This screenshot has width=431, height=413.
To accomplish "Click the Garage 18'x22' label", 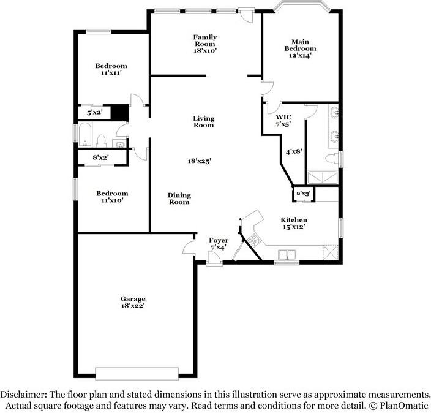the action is [x=133, y=302].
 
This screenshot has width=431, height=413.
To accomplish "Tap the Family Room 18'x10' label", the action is [x=205, y=44].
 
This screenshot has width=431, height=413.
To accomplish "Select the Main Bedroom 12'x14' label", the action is [x=300, y=48].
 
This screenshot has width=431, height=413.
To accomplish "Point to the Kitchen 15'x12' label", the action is [x=294, y=223].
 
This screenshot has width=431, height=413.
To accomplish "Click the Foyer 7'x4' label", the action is [x=219, y=244].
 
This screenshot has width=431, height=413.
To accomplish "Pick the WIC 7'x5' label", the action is [x=283, y=121].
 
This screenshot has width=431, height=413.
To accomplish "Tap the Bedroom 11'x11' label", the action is [x=111, y=69].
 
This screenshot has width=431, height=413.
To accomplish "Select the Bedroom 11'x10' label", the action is [x=112, y=197].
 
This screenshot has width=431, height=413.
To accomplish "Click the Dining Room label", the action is [x=179, y=199].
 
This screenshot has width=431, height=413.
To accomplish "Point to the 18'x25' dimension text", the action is [x=200, y=161].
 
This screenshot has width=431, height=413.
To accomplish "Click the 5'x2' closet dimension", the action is [x=94, y=113].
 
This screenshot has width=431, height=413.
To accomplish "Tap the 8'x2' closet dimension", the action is [x=100, y=157].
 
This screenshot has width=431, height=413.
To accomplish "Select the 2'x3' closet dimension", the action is [x=304, y=194].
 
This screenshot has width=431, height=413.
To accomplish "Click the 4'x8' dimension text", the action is [x=294, y=151].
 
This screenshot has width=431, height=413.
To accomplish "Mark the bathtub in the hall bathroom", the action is [x=84, y=134].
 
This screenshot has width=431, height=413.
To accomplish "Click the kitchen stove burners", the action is [x=253, y=240].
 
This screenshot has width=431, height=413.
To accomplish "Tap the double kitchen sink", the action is [x=287, y=254].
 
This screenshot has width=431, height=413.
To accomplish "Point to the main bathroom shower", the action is [x=323, y=178].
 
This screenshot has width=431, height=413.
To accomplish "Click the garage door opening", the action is [x=137, y=373].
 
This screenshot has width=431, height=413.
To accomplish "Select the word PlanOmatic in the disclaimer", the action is [x=404, y=406].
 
